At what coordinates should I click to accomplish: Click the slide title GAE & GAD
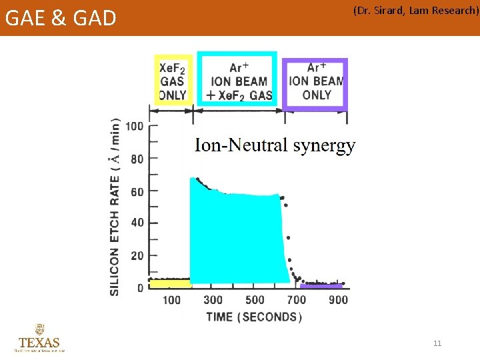coord(61,17)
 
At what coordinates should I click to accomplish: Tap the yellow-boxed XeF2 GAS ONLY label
coord(173,81)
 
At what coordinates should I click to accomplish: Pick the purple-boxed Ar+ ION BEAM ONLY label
coord(316,81)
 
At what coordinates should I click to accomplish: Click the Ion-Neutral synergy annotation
coord(275,145)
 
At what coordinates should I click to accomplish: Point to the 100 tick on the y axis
coord(134,126)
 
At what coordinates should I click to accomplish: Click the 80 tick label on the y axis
coord(137,159)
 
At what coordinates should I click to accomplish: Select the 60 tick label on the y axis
coord(137,191)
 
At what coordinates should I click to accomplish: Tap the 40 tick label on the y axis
coord(137,223)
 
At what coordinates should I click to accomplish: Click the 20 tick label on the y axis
coord(137,256)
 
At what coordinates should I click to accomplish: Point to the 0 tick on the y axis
coord(140,288)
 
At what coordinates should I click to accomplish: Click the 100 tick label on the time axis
coord(171,300)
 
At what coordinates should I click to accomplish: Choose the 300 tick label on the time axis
coord(213,300)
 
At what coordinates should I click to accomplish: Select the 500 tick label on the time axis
coord(255,300)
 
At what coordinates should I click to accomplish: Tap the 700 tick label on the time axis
coord(296,300)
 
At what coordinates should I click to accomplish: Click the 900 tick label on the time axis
coord(338,300)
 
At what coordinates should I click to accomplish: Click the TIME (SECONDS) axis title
coord(254,317)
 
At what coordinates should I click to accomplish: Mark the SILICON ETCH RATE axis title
coord(115,207)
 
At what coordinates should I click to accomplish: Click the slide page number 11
coord(437,343)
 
